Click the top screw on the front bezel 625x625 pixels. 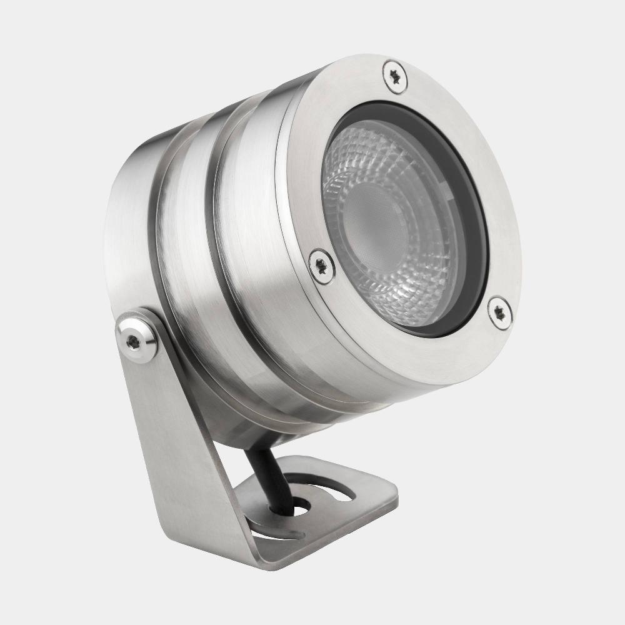[395, 77]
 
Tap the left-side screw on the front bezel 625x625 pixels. [322, 266]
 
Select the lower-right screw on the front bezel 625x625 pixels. [499, 312]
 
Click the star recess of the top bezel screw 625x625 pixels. [395, 77]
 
